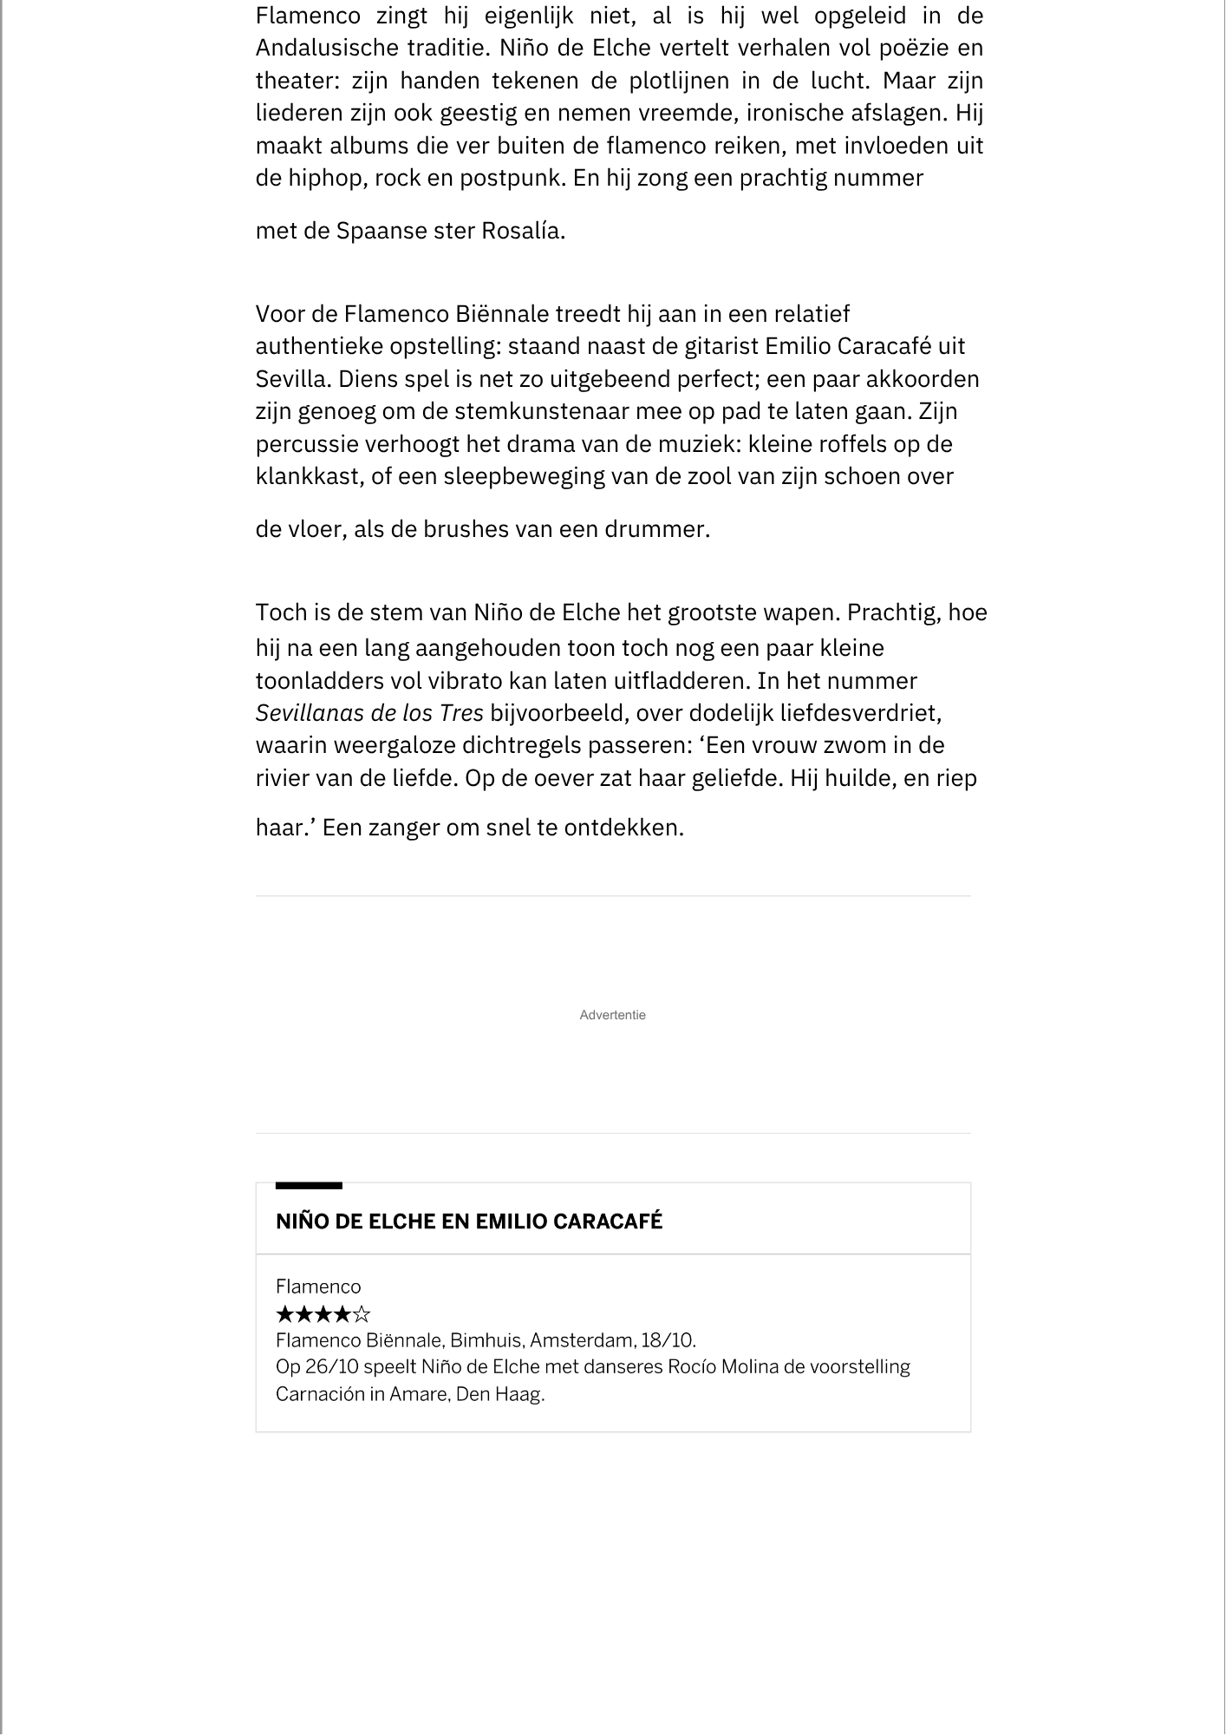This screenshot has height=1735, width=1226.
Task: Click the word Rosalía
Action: [x=522, y=232]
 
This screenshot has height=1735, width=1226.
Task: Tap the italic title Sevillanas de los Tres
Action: [x=369, y=713]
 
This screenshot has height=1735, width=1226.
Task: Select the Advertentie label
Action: [x=612, y=1015]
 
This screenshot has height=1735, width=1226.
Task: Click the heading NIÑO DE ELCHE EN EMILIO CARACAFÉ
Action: [x=469, y=1221]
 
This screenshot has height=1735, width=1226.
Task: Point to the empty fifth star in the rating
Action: [x=362, y=1314]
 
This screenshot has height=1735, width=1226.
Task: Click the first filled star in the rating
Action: [x=284, y=1314]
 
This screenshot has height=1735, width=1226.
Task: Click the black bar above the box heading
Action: [x=309, y=1185]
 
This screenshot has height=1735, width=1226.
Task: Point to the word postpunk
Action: [x=512, y=178]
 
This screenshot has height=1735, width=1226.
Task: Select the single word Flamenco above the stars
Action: [x=318, y=1287]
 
